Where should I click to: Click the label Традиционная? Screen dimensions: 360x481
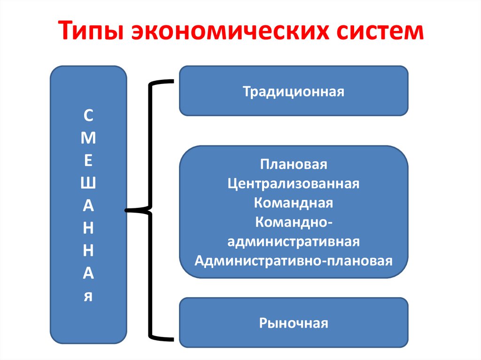pos(294,91)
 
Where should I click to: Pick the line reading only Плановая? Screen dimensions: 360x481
pos(294,165)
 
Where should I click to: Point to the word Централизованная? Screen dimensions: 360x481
pos(294,184)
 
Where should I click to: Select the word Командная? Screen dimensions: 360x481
pos(294,203)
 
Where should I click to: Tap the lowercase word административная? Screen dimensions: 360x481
pos(294,241)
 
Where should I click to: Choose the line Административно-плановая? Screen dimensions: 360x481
pos(294,260)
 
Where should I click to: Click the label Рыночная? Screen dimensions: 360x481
pos(294,323)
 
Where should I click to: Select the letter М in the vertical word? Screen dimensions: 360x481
pos(88,138)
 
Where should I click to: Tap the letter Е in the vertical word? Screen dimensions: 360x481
pos(88,160)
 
